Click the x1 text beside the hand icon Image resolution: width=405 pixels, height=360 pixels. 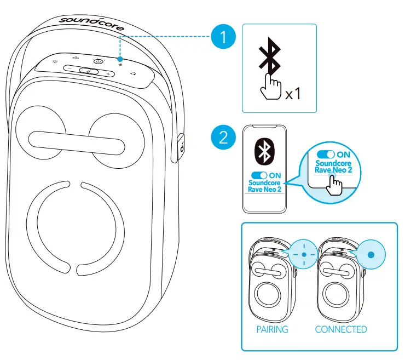tap(293, 94)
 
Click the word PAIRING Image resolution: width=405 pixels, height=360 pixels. tap(272, 329)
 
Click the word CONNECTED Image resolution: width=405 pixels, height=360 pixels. tap(341, 329)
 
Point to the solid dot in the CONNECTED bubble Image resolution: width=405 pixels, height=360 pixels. tap(371, 255)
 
